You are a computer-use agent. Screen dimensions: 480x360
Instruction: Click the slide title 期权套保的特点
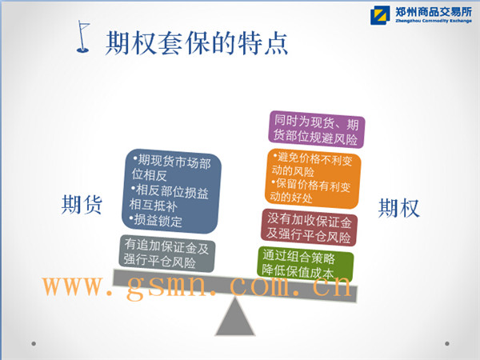(197, 43)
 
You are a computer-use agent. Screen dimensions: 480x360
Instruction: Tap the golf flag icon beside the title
(83, 37)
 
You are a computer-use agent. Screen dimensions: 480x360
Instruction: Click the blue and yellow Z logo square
(380, 15)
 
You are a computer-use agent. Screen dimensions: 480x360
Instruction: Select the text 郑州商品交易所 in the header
(433, 12)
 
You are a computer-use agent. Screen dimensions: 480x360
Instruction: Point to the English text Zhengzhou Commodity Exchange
(433, 21)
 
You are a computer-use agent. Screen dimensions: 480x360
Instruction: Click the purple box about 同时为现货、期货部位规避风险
(316, 130)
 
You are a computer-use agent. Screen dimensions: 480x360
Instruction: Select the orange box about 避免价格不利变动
(313, 178)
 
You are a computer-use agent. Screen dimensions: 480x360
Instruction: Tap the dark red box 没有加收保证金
(309, 227)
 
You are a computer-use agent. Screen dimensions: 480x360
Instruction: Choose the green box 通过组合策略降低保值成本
(306, 264)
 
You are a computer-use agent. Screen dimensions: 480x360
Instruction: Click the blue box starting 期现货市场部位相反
(171, 191)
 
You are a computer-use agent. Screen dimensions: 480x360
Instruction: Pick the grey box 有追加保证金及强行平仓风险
(167, 254)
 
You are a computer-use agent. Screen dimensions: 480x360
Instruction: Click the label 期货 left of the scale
(82, 205)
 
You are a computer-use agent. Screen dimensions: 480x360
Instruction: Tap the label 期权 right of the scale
(399, 208)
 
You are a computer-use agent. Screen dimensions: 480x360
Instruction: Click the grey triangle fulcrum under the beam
(234, 318)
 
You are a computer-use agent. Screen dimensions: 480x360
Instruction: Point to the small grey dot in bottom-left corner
(34, 344)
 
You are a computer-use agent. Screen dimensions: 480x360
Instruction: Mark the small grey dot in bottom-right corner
(447, 343)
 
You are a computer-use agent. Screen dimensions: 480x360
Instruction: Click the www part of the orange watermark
(73, 286)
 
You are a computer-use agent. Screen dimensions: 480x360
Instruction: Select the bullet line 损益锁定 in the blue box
(157, 220)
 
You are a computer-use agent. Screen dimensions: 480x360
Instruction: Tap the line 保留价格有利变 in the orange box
(311, 185)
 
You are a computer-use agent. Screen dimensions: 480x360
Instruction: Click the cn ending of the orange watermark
(332, 286)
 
